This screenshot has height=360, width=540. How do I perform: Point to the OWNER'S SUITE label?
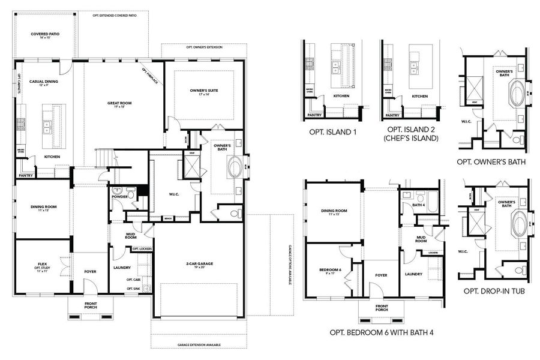pyautogui.click(x=204, y=91)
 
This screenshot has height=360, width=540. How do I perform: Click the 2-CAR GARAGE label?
pyautogui.click(x=199, y=263)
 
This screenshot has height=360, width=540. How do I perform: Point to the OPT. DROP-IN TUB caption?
pyautogui.click(x=495, y=291)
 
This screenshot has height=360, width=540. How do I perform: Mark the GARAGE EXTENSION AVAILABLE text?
pyautogui.click(x=199, y=345)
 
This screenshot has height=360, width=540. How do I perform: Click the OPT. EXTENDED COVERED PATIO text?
pyautogui.click(x=113, y=15)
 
